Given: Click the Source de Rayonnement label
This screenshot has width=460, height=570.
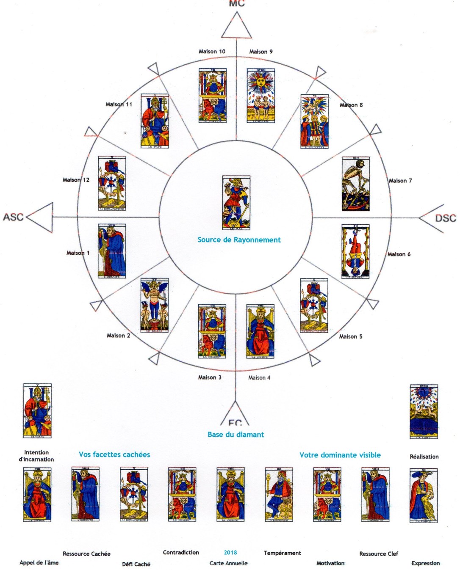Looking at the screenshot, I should [x=239, y=240].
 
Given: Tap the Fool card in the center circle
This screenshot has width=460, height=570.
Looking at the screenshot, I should [x=236, y=203].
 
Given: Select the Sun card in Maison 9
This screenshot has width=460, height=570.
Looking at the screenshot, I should [x=261, y=96].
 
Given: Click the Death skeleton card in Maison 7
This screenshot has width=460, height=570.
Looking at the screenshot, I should [x=356, y=184].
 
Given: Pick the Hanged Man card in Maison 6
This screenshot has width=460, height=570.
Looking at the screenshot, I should [x=355, y=251].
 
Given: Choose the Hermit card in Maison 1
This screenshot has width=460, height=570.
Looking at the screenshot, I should [x=112, y=251].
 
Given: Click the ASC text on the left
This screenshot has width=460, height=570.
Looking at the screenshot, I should [x=13, y=217].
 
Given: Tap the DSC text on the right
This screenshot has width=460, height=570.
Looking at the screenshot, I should [x=446, y=218].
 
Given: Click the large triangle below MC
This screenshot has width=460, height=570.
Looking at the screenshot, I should [x=236, y=28].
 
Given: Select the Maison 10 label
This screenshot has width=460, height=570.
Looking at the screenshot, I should [x=212, y=52].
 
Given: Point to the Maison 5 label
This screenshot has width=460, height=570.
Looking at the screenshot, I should [x=351, y=337].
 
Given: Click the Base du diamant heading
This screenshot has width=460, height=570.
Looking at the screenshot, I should [x=236, y=435].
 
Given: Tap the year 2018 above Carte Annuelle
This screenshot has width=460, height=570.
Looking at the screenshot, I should [x=230, y=553].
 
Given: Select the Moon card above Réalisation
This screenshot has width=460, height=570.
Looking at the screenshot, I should [x=424, y=412].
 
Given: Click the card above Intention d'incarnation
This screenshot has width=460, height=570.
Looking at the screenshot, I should [x=37, y=411].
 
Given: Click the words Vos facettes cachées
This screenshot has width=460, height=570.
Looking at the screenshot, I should [x=114, y=455].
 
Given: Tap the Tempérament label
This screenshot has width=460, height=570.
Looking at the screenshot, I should [x=283, y=553].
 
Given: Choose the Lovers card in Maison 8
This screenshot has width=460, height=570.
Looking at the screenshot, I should [x=314, y=121].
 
